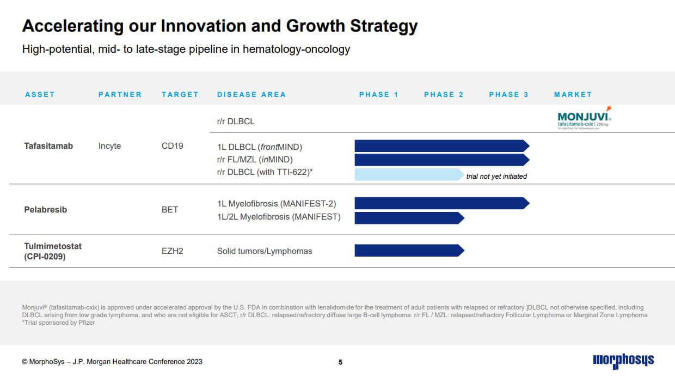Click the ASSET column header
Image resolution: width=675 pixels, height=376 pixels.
(x=40, y=94)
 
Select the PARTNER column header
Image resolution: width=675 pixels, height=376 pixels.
(x=120, y=94)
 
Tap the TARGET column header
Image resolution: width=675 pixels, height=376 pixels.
(x=180, y=94)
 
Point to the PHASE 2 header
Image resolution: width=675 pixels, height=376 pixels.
(x=444, y=94)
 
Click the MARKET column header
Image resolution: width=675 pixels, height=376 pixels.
(x=573, y=94)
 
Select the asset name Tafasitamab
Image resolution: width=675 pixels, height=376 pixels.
(x=48, y=146)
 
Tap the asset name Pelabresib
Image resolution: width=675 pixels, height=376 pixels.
(x=46, y=209)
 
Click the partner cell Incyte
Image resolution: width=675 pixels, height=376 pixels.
(x=109, y=146)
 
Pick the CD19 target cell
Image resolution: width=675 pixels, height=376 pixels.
(x=172, y=146)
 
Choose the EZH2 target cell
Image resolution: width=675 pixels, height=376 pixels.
(x=172, y=251)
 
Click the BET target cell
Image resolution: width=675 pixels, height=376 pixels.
(x=170, y=209)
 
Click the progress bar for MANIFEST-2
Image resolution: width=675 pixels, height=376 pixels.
(x=441, y=203)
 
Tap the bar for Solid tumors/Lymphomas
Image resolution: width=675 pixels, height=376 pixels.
(x=408, y=251)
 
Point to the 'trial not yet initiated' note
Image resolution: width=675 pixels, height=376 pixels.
(x=496, y=176)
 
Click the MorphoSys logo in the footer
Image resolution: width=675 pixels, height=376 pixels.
(x=623, y=360)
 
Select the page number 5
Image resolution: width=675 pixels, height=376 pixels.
(x=340, y=362)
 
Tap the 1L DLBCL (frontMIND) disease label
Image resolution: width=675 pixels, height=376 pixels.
(x=259, y=147)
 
